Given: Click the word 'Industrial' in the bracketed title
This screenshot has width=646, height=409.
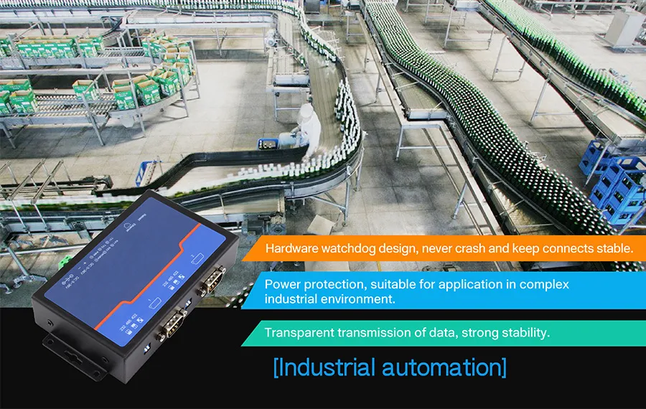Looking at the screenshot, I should tap(327, 367).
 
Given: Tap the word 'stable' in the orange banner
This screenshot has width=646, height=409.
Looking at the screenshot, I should tap(612, 250).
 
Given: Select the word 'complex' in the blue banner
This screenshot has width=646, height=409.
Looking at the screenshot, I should tap(545, 284).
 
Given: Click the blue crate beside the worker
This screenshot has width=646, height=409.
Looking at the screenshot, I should tap(146, 171).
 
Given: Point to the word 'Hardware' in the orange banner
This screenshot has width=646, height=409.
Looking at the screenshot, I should tap(291, 250).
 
